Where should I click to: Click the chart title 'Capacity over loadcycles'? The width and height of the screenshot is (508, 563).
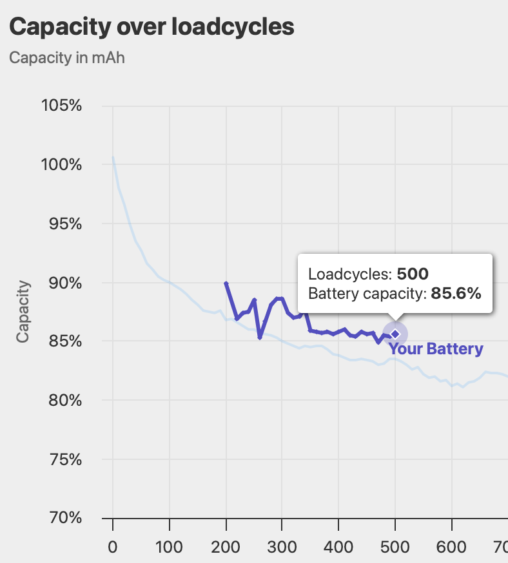151,26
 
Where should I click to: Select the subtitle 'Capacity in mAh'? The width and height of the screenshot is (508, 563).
67,57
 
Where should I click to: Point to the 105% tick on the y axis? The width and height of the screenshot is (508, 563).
61,105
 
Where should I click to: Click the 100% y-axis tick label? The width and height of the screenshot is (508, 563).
61,164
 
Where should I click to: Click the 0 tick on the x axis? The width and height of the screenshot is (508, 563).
113,547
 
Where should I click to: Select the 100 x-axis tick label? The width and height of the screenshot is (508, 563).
169,547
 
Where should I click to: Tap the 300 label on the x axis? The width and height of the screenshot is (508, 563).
282,547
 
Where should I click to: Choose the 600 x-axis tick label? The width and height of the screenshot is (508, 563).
451,547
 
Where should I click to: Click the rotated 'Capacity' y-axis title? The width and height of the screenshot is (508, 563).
24,311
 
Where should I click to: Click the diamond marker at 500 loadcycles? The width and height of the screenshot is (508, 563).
395,334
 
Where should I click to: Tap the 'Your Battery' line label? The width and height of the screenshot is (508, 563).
436,349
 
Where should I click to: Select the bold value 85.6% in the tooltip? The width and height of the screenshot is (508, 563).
456,294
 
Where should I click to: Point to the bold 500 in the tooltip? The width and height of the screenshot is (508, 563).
413,274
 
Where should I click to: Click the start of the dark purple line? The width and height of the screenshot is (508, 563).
226,283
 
